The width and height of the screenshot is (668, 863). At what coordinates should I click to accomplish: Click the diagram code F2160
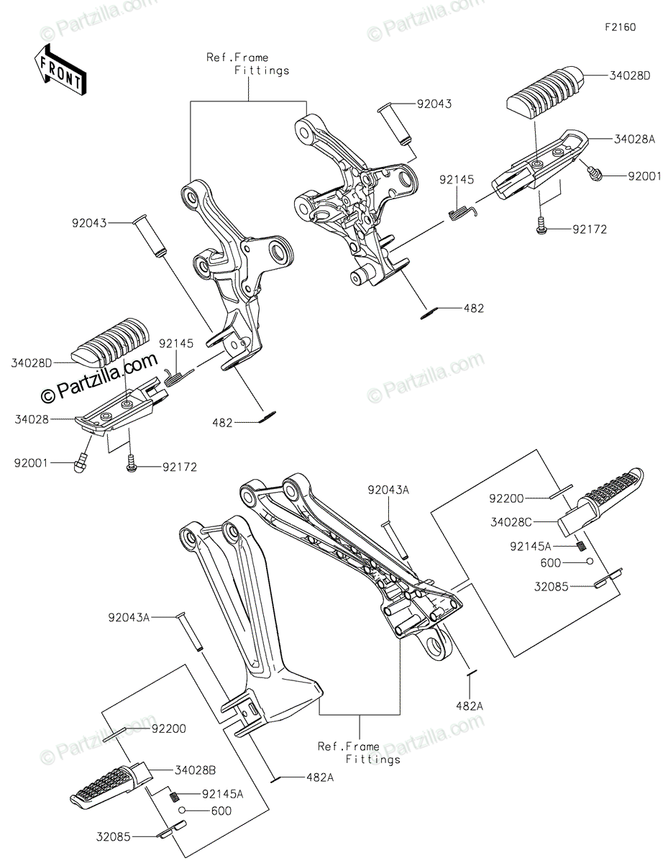620,28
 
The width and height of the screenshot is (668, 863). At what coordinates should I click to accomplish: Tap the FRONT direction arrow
60,70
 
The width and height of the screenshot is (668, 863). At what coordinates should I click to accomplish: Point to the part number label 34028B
195,771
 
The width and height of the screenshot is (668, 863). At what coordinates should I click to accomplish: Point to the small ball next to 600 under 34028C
589,562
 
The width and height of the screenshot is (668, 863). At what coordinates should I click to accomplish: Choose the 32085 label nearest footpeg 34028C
550,586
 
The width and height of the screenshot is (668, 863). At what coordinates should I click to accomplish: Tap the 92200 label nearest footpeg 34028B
168,729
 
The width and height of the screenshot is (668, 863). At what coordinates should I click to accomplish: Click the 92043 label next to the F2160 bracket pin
434,104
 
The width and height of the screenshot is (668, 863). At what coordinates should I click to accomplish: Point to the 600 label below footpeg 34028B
221,811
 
